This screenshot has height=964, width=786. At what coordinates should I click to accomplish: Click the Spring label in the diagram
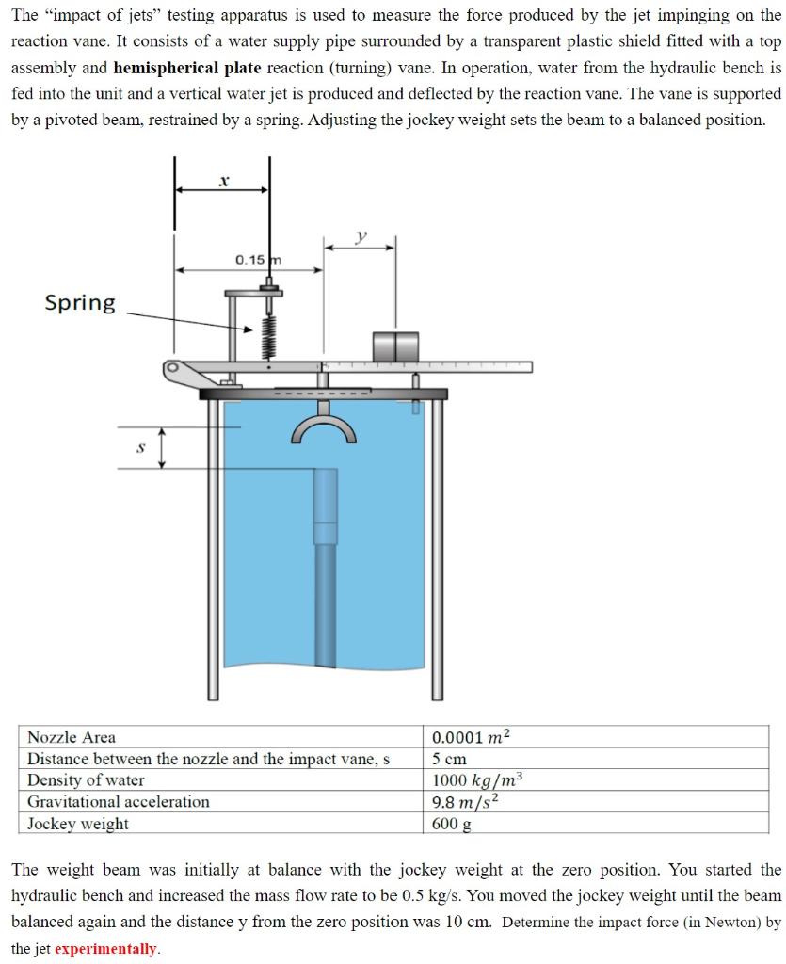[x=81, y=303]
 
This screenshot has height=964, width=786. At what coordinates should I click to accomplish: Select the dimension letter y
[x=359, y=236]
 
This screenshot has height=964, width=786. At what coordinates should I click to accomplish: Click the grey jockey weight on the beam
[x=395, y=345]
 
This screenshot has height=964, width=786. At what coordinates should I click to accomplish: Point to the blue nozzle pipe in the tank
[x=325, y=565]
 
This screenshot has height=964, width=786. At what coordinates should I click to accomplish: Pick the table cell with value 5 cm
[x=450, y=759]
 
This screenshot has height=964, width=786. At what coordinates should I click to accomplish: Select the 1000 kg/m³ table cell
[x=476, y=779]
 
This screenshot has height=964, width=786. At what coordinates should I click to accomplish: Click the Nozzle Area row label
[x=72, y=737]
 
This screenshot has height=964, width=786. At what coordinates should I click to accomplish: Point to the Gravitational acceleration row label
[x=119, y=801]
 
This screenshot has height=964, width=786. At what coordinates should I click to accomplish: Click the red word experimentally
[x=106, y=948]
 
